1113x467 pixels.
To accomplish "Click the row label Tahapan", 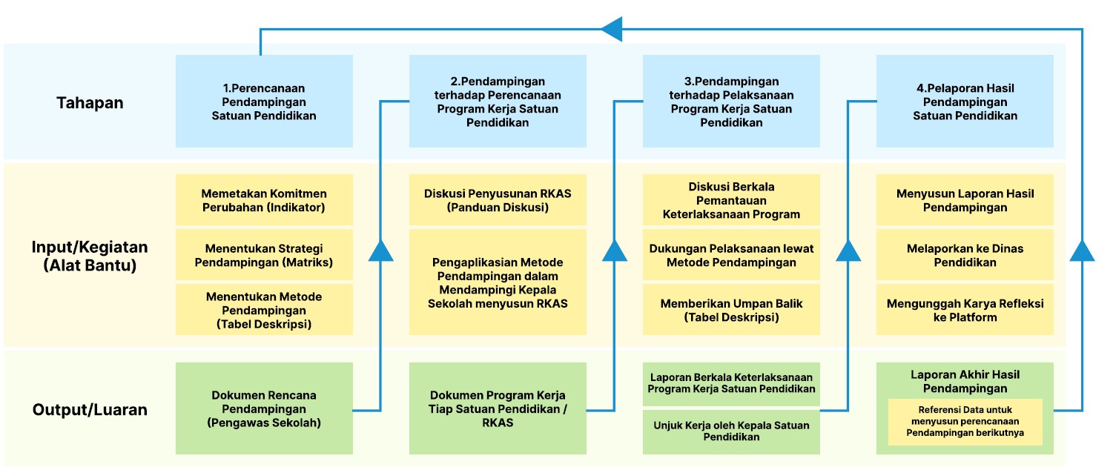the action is click(x=90, y=103).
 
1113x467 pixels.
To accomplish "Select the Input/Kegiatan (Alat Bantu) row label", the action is click(x=90, y=256).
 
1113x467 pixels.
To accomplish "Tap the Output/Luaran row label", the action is click(x=90, y=409).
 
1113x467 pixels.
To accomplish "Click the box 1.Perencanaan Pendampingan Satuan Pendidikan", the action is click(x=264, y=101).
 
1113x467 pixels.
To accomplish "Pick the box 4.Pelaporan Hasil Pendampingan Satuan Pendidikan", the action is click(x=965, y=101).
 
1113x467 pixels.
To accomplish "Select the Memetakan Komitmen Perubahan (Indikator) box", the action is click(x=264, y=199).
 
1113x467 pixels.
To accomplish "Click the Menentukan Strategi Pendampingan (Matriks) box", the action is click(x=264, y=255).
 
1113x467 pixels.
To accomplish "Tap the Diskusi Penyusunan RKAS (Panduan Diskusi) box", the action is click(x=498, y=199).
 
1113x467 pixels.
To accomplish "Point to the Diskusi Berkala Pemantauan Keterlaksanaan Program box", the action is click(x=731, y=199).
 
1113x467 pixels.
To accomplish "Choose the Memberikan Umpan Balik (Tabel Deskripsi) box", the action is click(x=731, y=310).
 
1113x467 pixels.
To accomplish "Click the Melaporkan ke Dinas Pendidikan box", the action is click(x=965, y=255).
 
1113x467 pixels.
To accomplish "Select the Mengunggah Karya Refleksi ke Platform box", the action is click(x=965, y=310).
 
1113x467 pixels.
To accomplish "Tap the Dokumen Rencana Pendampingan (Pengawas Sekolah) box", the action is click(x=264, y=408).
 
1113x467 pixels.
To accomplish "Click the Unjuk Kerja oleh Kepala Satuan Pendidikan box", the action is click(x=731, y=431).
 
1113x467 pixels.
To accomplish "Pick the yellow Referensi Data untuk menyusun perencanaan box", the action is click(x=965, y=422).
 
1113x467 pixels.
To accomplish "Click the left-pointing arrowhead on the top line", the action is click(x=611, y=29).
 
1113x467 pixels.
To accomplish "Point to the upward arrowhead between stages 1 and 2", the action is click(x=381, y=251).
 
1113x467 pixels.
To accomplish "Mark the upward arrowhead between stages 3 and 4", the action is click(x=848, y=251).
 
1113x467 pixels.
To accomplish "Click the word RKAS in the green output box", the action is click(x=498, y=423).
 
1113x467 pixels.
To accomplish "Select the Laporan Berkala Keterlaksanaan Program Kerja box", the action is click(x=731, y=383).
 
